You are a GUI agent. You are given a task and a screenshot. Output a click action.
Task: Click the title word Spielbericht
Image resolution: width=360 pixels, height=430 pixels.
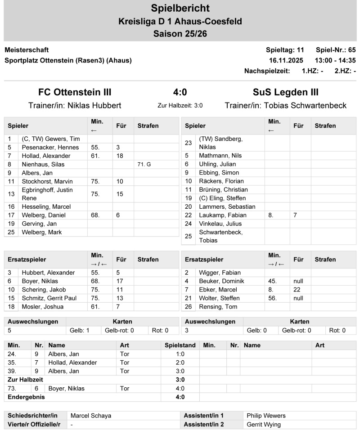(180, 8)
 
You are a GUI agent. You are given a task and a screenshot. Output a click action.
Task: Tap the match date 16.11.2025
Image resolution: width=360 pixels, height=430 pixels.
(286, 60)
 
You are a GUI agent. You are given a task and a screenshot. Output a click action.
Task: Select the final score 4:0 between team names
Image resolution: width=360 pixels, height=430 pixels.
(180, 93)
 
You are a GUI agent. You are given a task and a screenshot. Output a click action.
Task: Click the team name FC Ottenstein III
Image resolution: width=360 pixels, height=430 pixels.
(75, 93)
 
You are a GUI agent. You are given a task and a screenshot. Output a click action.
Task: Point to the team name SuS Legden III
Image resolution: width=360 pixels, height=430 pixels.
(286, 93)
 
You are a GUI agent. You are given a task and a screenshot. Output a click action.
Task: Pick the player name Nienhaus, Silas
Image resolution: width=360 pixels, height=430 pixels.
(43, 164)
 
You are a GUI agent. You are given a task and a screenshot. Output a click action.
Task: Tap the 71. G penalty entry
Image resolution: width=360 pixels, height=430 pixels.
(144, 164)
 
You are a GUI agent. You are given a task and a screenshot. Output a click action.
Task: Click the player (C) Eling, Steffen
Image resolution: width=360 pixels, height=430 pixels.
(222, 198)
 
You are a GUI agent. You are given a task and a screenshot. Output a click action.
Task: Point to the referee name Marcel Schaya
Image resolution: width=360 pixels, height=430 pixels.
(90, 416)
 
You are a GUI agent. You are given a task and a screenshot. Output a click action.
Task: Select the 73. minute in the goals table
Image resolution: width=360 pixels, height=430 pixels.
(12, 388)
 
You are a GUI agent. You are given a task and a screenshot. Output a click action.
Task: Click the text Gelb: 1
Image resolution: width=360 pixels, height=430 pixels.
(80, 330)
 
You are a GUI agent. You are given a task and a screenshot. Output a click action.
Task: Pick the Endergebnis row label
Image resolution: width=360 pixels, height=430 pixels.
(27, 397)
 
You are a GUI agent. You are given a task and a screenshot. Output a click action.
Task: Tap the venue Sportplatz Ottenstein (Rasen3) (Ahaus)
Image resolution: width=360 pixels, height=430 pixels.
(68, 60)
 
